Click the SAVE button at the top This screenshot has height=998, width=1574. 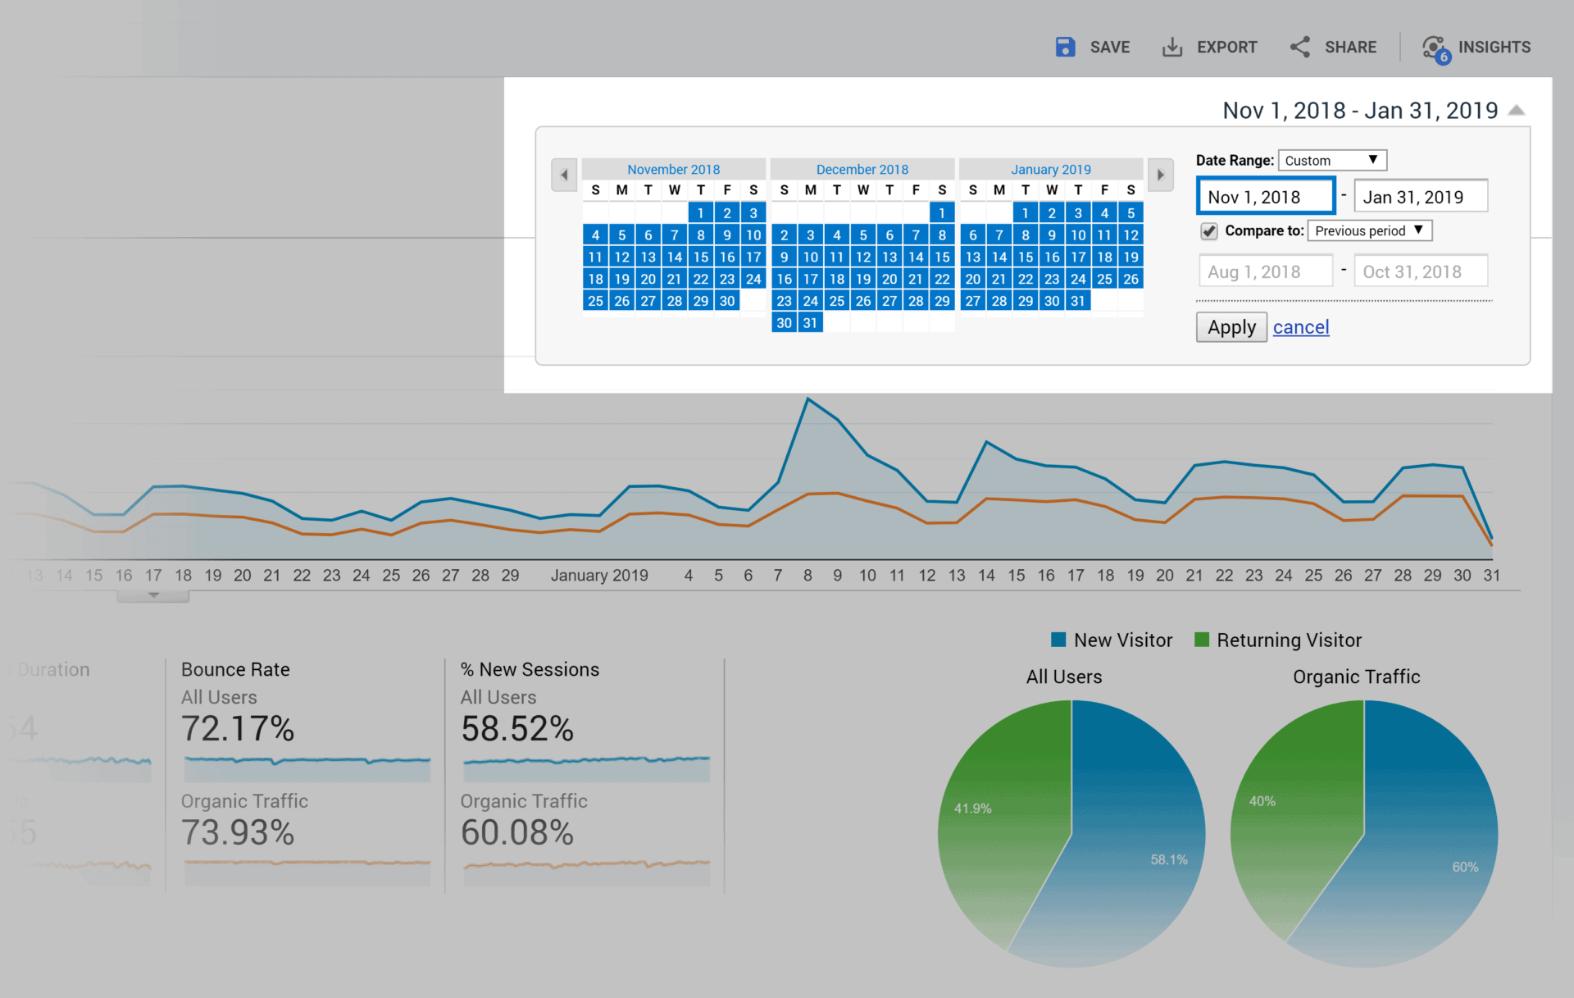1093,47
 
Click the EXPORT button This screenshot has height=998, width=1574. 1210,47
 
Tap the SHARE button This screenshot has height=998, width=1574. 1333,47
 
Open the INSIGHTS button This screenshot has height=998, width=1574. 1476,47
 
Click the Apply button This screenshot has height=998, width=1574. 1231,327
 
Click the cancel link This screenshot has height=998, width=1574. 1300,327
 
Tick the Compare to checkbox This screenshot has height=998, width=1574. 1209,231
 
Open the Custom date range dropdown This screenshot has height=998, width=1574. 1331,160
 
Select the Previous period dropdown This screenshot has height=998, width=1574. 1369,230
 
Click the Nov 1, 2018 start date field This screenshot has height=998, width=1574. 1265,197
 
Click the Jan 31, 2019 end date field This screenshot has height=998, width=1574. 1420,197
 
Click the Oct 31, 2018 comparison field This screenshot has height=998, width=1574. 1420,271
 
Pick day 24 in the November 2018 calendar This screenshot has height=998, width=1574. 753,279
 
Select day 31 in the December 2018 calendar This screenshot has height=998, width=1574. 810,323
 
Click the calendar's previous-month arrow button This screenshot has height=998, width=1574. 564,175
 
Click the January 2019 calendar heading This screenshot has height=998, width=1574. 1050,169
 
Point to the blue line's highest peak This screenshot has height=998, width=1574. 807,399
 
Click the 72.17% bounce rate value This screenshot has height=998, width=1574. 238,728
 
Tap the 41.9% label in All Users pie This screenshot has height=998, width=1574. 972,809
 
